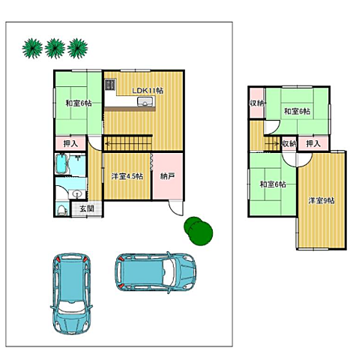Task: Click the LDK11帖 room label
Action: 148,91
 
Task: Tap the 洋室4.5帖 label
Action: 127,176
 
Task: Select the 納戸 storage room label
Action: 167,176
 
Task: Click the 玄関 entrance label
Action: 87,208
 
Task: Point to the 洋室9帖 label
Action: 322,200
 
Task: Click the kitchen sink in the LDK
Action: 145,101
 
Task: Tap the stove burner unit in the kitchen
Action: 110,85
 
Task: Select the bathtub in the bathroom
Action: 61,164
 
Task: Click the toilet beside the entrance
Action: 61,210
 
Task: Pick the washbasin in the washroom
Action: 77,193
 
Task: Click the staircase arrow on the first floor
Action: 128,144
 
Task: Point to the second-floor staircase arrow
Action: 272,143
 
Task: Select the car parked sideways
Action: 155,271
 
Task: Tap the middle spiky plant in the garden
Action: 55,48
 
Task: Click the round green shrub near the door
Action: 199,231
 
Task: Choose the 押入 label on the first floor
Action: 70,143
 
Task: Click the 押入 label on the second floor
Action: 313,143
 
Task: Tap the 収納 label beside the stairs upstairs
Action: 289,143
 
